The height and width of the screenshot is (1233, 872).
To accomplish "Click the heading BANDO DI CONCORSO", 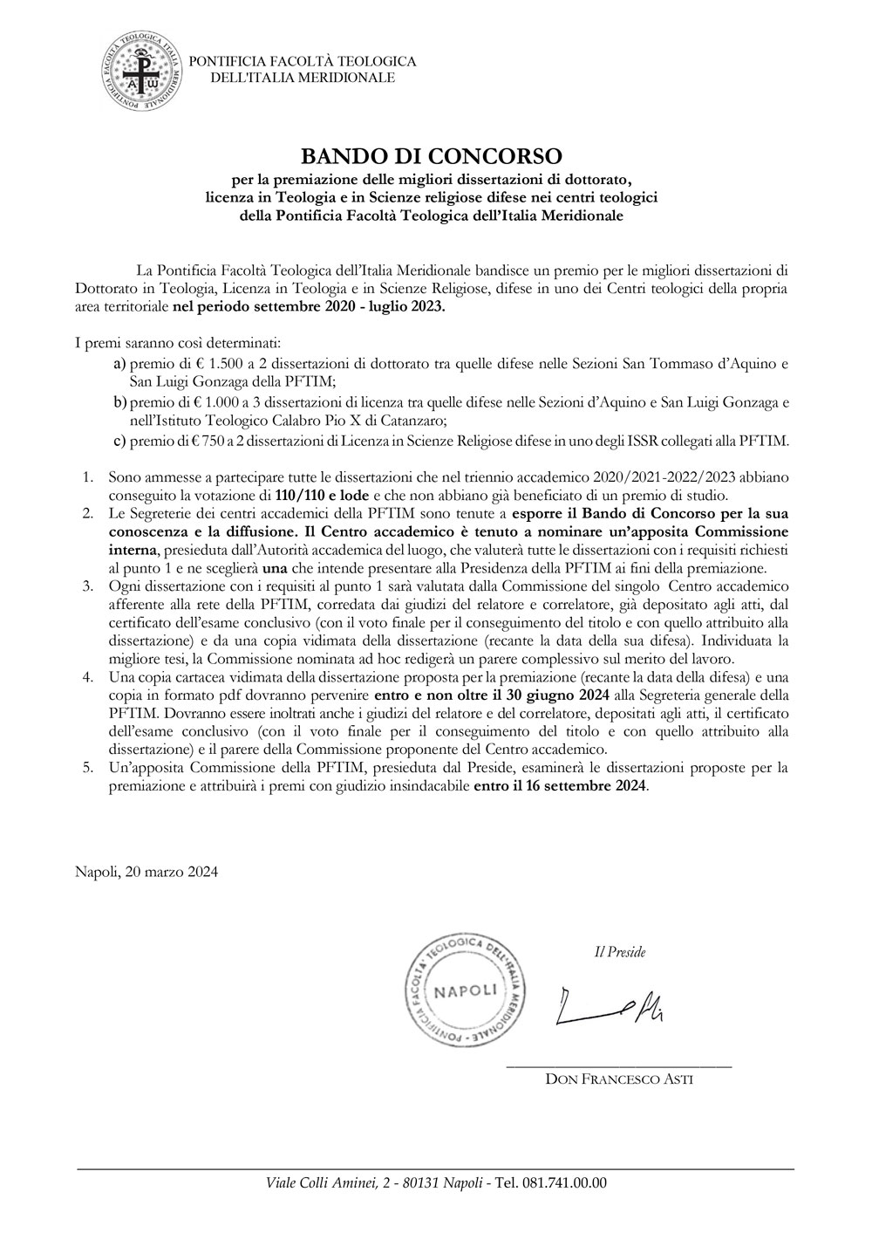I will pyautogui.click(x=432, y=156).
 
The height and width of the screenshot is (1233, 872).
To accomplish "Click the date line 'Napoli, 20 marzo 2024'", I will pyautogui.click(x=146, y=871).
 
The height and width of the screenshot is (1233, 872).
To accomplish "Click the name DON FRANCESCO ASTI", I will pyautogui.click(x=619, y=1079).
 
